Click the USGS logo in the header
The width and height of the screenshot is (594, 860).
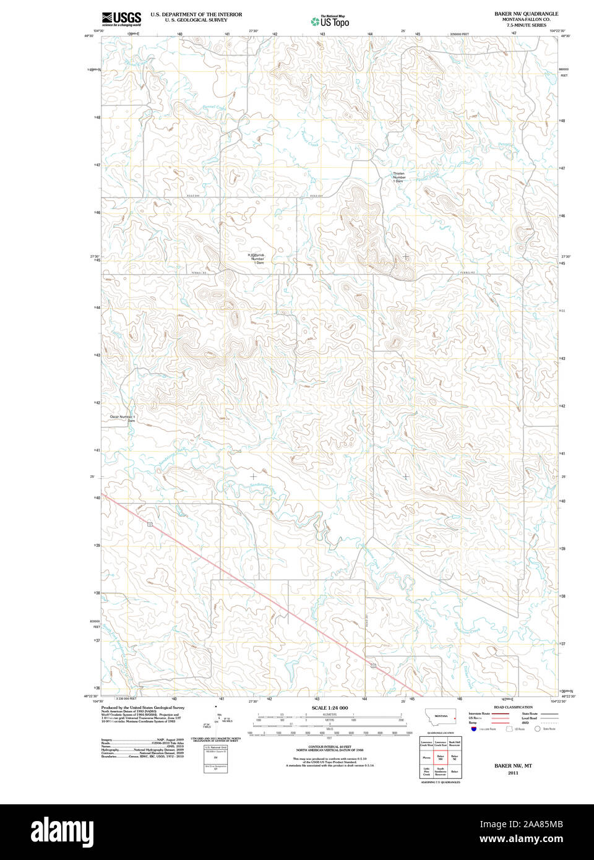tap(121, 18)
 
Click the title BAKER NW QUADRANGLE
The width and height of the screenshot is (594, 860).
tap(525, 14)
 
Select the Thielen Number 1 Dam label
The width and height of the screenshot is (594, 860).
tap(399, 177)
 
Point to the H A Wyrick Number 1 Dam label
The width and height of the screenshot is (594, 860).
tap(259, 259)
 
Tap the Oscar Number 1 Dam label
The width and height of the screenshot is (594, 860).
tap(123, 418)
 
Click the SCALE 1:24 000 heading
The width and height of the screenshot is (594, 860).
tap(329, 708)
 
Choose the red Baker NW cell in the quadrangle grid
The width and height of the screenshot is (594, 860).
tap(441, 757)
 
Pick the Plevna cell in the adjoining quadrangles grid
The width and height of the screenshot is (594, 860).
tap(426, 757)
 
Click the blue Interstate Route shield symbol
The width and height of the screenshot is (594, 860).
tap(474, 729)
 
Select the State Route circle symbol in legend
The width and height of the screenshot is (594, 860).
tap(537, 729)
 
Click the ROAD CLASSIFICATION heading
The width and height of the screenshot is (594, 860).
tap(513, 707)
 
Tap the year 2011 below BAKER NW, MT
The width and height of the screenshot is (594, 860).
tap(512, 773)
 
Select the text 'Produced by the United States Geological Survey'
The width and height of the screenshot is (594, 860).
tap(143, 708)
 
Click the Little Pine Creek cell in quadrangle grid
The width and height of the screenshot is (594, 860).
tap(426, 772)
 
